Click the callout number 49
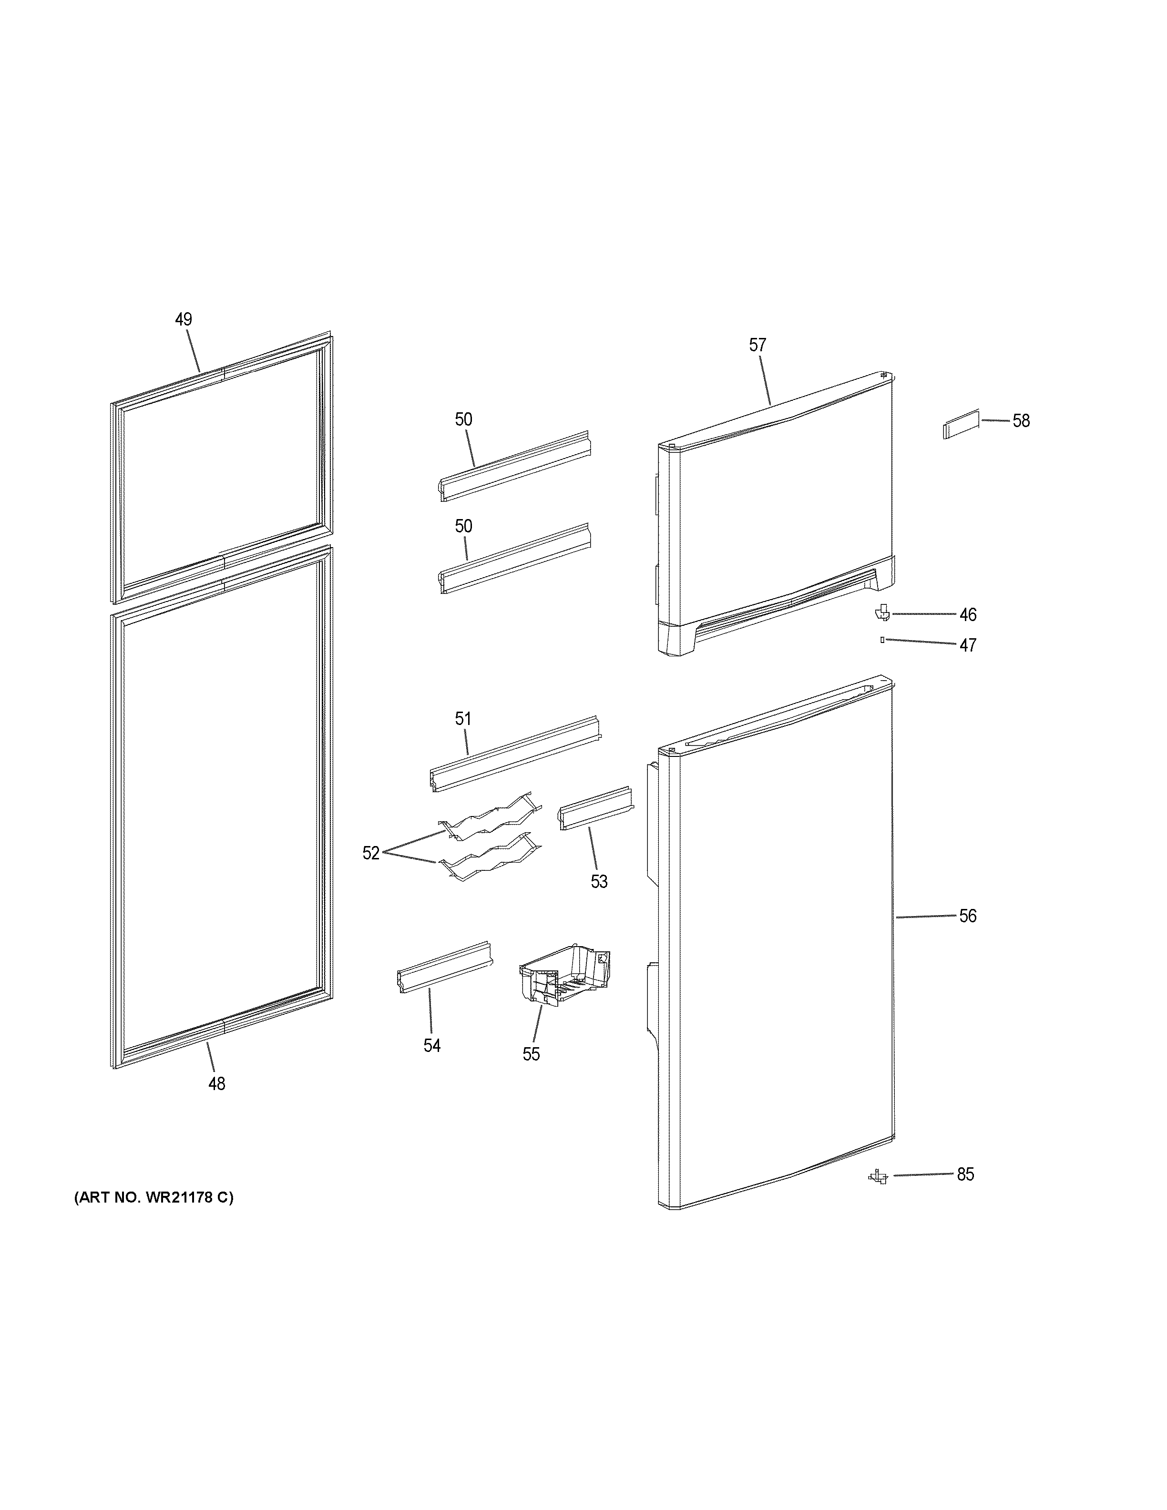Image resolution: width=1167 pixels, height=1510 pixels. click(183, 319)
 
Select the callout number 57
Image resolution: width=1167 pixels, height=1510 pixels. click(758, 345)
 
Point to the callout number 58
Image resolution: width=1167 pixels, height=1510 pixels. click(1021, 421)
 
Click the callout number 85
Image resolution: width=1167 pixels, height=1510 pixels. click(965, 1174)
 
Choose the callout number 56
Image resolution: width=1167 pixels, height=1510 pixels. click(967, 916)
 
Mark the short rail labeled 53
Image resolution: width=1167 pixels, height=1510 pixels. click(594, 807)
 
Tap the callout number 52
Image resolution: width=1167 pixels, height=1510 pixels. click(371, 853)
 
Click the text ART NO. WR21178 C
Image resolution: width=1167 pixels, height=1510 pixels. click(154, 1197)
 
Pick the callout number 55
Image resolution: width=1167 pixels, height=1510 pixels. click(531, 1054)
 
